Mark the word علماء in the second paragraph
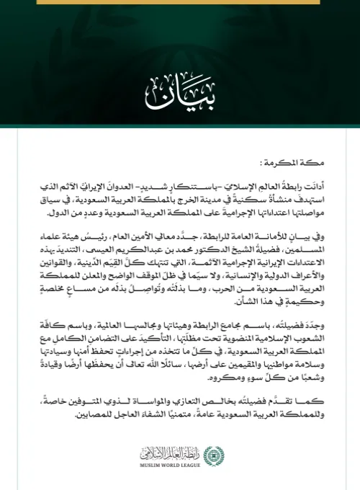pos(40,234)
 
